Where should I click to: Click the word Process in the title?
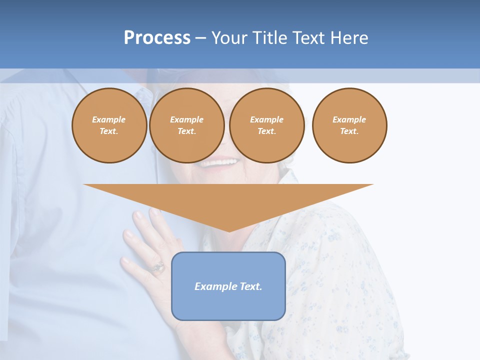point(157,38)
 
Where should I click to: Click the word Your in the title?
point(230,38)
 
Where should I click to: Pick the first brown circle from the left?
point(109,125)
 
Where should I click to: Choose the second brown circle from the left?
point(187,125)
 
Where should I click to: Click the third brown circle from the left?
point(267,125)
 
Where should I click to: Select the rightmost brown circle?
point(349,125)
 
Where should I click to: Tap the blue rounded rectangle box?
point(228,286)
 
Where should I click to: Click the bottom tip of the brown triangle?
point(229,230)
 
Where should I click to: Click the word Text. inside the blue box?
point(250,286)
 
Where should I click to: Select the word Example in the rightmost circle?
point(349,119)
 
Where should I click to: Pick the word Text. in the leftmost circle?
point(109,131)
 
